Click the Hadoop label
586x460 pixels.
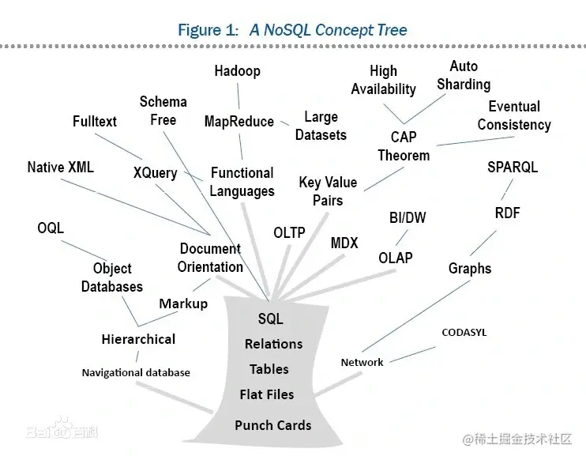point(237,71)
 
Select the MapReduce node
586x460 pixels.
point(239,122)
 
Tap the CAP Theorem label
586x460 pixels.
point(404,146)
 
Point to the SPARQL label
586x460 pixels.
point(513,168)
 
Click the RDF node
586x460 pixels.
point(507,213)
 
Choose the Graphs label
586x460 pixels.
point(470,269)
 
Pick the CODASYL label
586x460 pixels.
point(464,333)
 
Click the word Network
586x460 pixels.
point(362,362)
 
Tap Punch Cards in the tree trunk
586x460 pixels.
point(272,425)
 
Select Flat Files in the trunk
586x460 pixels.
point(267,394)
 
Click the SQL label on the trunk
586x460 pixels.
point(270,319)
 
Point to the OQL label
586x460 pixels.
point(51,228)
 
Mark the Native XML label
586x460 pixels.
point(60,168)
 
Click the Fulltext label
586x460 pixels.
point(94,122)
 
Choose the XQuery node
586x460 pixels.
point(155,172)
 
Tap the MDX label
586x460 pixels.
point(344,243)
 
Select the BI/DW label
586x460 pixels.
point(408,217)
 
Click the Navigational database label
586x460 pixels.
point(136,372)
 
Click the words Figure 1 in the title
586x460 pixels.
point(208,31)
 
